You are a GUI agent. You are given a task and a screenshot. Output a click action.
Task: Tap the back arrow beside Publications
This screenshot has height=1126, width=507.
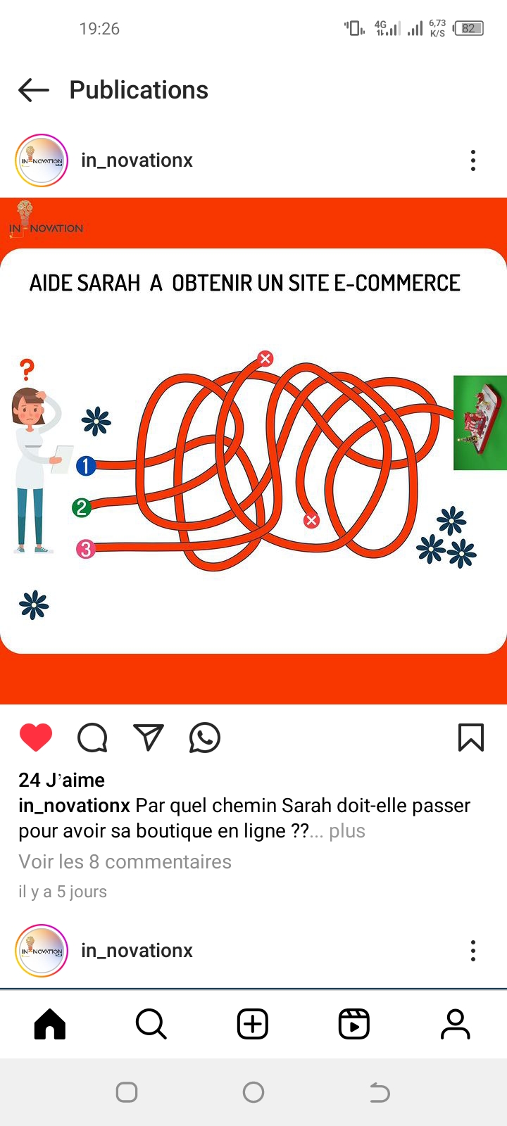point(34,91)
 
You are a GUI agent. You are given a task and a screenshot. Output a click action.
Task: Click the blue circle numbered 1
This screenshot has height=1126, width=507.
point(86,465)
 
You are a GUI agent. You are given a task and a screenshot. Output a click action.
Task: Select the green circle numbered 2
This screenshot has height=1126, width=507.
point(82,507)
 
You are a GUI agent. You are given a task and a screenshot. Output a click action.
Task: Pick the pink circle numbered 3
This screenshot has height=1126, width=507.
point(85,549)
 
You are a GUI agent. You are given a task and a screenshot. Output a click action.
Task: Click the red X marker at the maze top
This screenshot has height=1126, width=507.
point(265,358)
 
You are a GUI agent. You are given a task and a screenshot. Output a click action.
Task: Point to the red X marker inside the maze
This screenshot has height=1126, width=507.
point(311,520)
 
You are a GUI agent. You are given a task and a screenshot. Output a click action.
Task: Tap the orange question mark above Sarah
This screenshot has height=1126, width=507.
point(27,369)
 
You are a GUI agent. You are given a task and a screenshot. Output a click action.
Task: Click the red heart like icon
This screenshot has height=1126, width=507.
point(36,738)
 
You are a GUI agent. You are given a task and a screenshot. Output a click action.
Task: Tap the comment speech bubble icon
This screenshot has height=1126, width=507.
point(92,738)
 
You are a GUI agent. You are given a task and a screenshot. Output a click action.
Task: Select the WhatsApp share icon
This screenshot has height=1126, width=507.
point(205,738)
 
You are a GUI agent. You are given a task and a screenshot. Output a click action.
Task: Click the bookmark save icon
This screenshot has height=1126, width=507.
point(471,738)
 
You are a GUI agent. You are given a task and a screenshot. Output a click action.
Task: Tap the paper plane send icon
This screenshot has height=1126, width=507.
point(149,738)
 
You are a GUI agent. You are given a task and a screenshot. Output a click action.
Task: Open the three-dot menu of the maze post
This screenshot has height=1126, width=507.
point(472,160)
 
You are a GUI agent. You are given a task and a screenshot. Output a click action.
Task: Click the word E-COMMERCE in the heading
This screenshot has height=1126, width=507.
point(397,283)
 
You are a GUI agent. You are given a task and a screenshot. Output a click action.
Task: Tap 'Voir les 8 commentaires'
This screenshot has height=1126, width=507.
point(125,861)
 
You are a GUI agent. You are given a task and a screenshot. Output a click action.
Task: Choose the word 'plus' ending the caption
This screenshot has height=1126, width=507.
point(347,831)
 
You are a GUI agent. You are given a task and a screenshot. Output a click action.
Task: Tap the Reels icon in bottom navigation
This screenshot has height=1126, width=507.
point(354,1023)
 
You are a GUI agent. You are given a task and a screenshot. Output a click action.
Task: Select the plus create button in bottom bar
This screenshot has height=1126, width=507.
point(253,1023)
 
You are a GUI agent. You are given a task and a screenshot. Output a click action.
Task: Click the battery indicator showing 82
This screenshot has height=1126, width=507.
point(468,28)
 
